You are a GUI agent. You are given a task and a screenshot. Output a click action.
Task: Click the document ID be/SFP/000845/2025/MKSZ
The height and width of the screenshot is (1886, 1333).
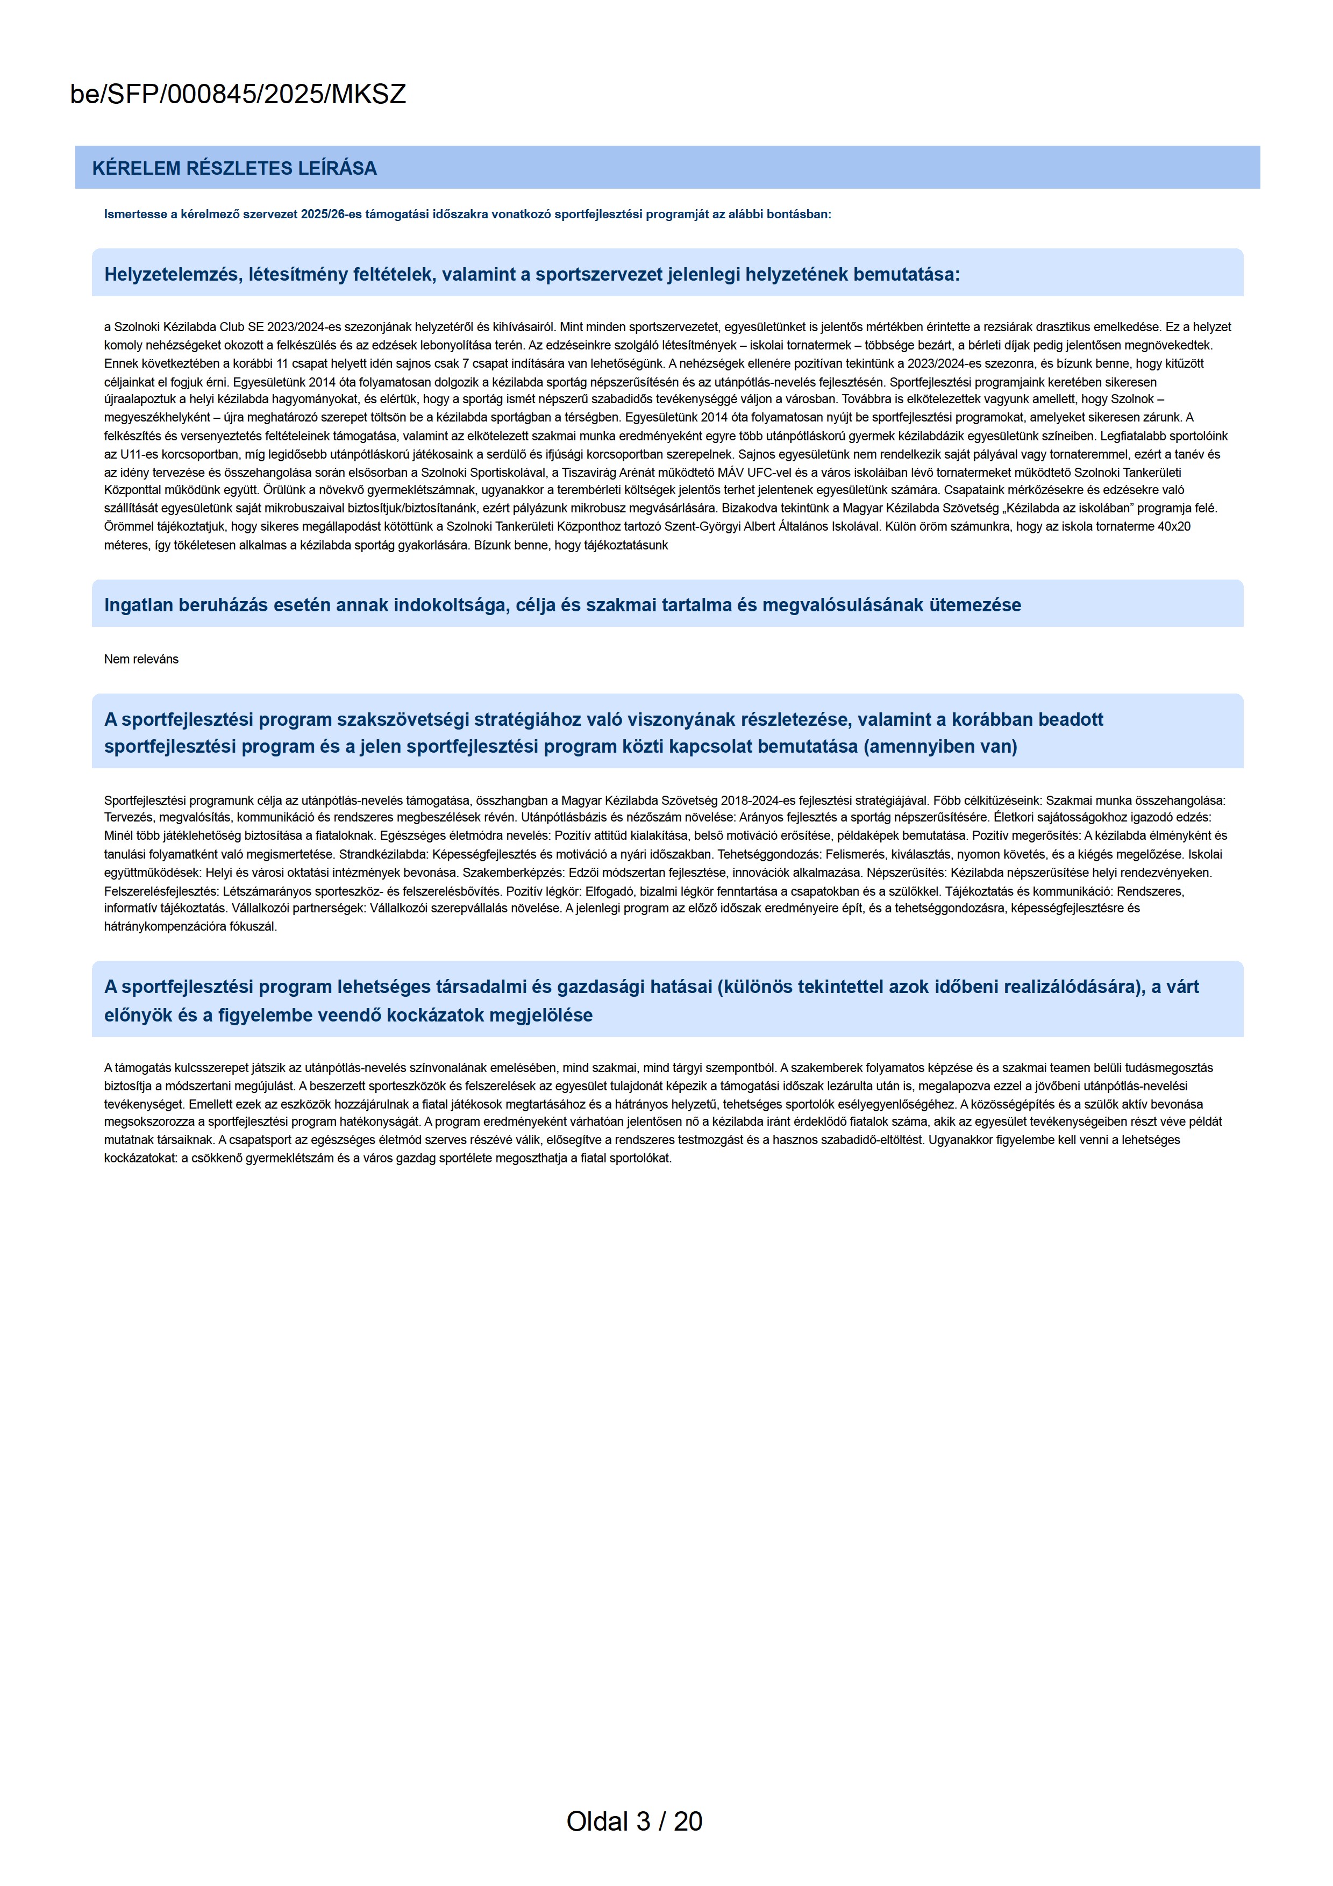[238, 95]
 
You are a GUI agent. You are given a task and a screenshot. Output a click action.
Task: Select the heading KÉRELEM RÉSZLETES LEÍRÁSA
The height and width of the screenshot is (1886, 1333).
[234, 168]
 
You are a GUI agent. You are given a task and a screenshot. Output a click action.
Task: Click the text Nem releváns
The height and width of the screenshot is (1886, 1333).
[141, 659]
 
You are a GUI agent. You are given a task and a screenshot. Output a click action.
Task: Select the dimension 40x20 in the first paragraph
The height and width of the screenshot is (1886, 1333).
[1174, 526]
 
